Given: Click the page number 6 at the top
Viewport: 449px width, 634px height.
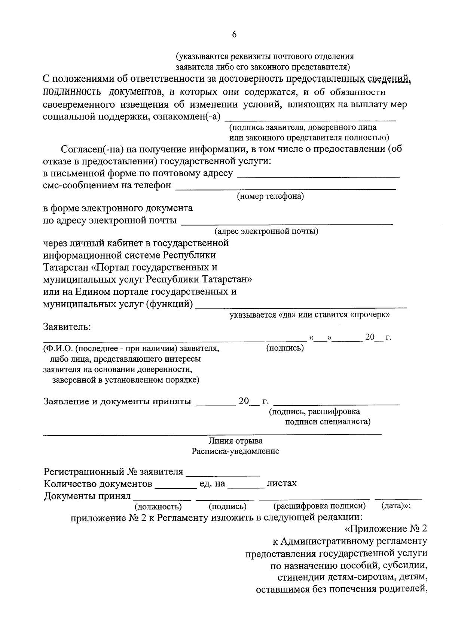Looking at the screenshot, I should click(x=234, y=34).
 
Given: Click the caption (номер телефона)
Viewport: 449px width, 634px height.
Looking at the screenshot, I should click(x=270, y=196).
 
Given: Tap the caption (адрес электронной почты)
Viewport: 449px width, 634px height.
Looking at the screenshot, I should click(x=266, y=231).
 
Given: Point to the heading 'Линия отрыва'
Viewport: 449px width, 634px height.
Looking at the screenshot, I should click(x=235, y=441).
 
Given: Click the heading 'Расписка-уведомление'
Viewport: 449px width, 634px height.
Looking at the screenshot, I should click(x=235, y=451).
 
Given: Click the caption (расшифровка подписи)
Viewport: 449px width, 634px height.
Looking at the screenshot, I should click(x=320, y=506).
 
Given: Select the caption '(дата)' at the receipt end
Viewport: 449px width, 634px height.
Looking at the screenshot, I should click(x=394, y=506).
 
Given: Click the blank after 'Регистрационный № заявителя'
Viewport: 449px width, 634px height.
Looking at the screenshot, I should click(x=223, y=474).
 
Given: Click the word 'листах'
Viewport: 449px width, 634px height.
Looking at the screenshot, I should click(x=282, y=483).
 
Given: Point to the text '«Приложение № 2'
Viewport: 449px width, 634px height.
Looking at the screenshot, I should click(x=385, y=529).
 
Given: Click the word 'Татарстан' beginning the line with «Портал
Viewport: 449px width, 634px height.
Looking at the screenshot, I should click(x=66, y=267).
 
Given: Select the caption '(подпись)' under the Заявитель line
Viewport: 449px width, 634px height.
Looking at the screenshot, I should click(x=285, y=348).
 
